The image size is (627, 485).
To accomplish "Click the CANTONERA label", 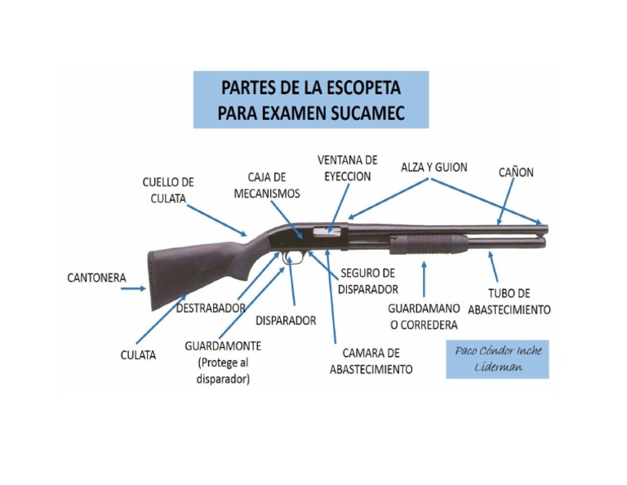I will pyautogui.click(x=96, y=278).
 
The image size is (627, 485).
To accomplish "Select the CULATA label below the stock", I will pyautogui.click(x=138, y=355).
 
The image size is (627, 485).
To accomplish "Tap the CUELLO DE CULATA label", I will pyautogui.click(x=168, y=189).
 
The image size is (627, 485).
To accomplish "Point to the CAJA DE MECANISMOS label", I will pyautogui.click(x=267, y=185).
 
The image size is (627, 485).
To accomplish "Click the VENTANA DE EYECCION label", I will pyautogui.click(x=347, y=167).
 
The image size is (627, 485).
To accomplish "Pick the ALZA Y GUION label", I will pyautogui.click(x=434, y=167).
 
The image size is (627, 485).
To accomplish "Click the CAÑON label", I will pyautogui.click(x=516, y=172).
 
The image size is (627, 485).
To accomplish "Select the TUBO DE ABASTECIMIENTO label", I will pyautogui.click(x=509, y=301).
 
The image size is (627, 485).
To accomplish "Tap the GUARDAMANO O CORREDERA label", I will pyautogui.click(x=423, y=317).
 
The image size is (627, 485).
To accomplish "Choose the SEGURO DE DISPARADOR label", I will pyautogui.click(x=369, y=280).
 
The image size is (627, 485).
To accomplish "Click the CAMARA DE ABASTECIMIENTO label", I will pyautogui.click(x=371, y=361).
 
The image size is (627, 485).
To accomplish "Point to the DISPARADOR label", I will pyautogui.click(x=285, y=321).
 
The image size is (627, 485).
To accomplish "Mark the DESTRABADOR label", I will pyautogui.click(x=211, y=308).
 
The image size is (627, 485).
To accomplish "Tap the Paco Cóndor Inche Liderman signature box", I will pyautogui.click(x=496, y=358).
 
